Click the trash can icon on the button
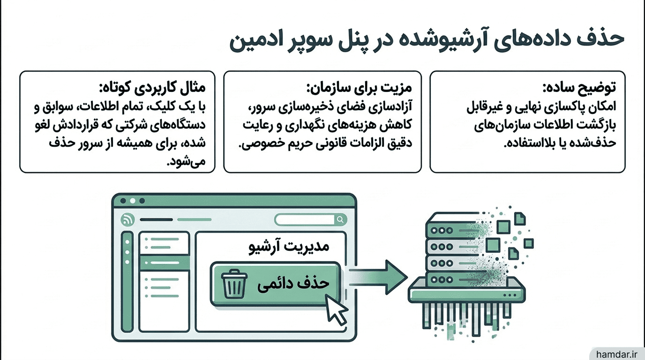click(x=234, y=284)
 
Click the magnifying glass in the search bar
click(x=340, y=220)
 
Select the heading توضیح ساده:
click(x=579, y=87)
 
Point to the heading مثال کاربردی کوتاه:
click(x=152, y=87)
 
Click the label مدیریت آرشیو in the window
click(x=289, y=247)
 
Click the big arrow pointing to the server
click(x=378, y=277)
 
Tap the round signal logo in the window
click(x=128, y=220)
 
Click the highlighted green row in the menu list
click(x=165, y=262)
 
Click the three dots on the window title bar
click(x=133, y=201)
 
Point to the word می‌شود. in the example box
click(x=186, y=161)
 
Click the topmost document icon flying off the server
click(x=519, y=218)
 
